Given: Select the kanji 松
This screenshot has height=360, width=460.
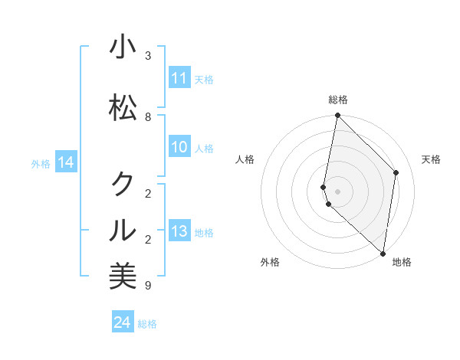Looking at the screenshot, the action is pyautogui.click(x=123, y=107).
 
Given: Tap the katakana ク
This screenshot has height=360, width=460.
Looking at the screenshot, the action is pyautogui.click(x=123, y=184).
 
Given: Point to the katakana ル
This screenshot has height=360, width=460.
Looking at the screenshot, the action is pyautogui.click(x=123, y=229).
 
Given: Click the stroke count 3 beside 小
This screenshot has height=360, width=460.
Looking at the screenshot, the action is pyautogui.click(x=148, y=56).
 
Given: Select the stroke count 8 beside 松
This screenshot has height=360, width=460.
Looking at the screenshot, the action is pyautogui.click(x=148, y=117).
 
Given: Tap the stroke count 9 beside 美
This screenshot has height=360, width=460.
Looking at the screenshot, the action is pyautogui.click(x=148, y=286).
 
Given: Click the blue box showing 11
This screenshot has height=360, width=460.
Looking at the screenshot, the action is pyautogui.click(x=179, y=78).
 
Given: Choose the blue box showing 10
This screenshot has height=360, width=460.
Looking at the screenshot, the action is pyautogui.click(x=179, y=147).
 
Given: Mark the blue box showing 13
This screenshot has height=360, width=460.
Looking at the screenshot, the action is pyautogui.click(x=179, y=231).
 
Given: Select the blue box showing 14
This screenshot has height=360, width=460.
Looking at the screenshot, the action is pyautogui.click(x=66, y=162).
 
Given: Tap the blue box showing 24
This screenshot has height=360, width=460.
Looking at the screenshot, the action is pyautogui.click(x=123, y=322).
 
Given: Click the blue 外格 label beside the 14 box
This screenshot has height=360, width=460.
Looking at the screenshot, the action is pyautogui.click(x=41, y=163).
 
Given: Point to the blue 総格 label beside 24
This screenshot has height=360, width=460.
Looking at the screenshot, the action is pyautogui.click(x=147, y=324).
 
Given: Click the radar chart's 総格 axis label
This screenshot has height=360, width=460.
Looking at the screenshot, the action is pyautogui.click(x=338, y=100).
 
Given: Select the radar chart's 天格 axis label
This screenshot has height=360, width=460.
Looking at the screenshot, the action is pyautogui.click(x=432, y=159).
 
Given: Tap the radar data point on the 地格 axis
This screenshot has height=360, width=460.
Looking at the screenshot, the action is pyautogui.click(x=383, y=253).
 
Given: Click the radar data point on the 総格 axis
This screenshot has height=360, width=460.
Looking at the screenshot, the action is pyautogui.click(x=337, y=116).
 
